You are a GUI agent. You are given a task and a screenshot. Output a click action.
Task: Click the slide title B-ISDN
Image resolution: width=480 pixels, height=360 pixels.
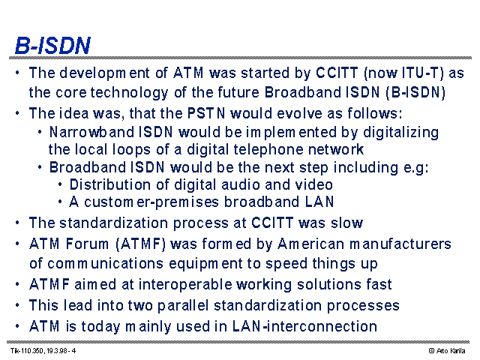point(52,45)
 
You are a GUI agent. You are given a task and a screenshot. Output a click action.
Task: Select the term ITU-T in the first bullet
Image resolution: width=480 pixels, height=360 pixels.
point(421,73)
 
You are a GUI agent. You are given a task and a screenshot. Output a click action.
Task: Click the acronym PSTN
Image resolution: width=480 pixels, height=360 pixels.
point(206,113)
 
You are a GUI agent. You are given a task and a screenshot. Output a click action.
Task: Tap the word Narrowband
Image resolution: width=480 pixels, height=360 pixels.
point(91,132)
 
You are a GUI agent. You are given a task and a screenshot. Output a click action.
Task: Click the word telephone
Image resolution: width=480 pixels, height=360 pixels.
point(268,151)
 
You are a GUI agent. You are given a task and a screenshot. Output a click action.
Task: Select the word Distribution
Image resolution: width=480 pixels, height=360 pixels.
point(110,184)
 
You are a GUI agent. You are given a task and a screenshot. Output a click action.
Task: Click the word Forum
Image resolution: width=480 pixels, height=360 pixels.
point(87,244)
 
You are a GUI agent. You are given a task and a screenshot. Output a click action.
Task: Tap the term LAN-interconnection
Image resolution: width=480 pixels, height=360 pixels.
point(304,326)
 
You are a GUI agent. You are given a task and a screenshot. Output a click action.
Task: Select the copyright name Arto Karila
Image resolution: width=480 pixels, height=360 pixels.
point(451,351)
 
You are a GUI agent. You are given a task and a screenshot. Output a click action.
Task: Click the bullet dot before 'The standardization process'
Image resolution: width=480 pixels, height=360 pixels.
point(17,223)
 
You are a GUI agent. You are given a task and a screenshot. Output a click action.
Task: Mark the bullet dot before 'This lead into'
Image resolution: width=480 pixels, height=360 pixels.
point(17,305)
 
